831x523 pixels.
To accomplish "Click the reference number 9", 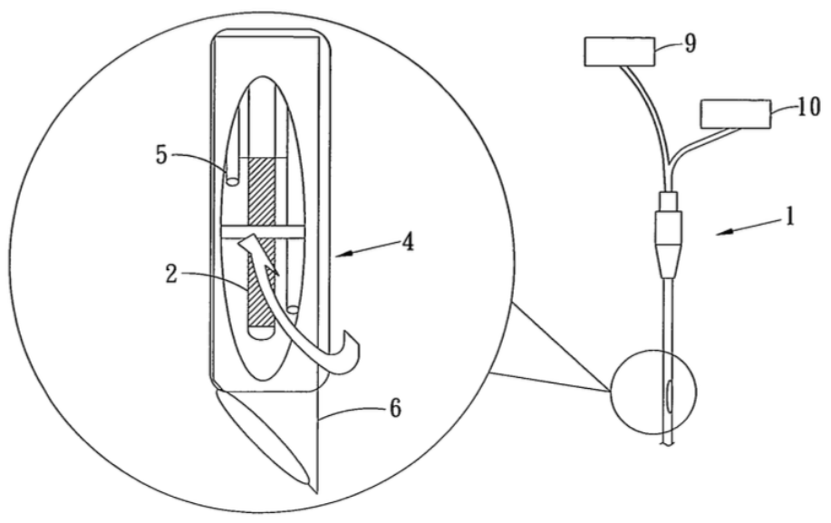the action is coord(690,44).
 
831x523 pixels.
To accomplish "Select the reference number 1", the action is coord(790,217).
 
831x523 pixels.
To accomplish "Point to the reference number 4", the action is coord(407,242).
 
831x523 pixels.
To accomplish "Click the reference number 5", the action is coord(161,155).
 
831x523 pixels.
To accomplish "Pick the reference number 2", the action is coord(171,274).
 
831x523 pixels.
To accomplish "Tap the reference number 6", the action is coord(395,409).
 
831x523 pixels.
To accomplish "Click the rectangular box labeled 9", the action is coord(620,52).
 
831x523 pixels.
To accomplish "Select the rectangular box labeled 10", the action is coord(736,114).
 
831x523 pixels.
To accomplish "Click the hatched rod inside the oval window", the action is coord(262,242).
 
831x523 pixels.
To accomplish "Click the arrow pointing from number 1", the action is coord(750,227).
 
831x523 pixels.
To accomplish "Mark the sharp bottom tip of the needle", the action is coord(317,492).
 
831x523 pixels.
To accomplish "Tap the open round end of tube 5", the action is coord(232,181).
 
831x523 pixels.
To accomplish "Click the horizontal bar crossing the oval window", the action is coord(262,233).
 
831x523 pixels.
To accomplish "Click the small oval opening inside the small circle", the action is coord(670,395).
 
